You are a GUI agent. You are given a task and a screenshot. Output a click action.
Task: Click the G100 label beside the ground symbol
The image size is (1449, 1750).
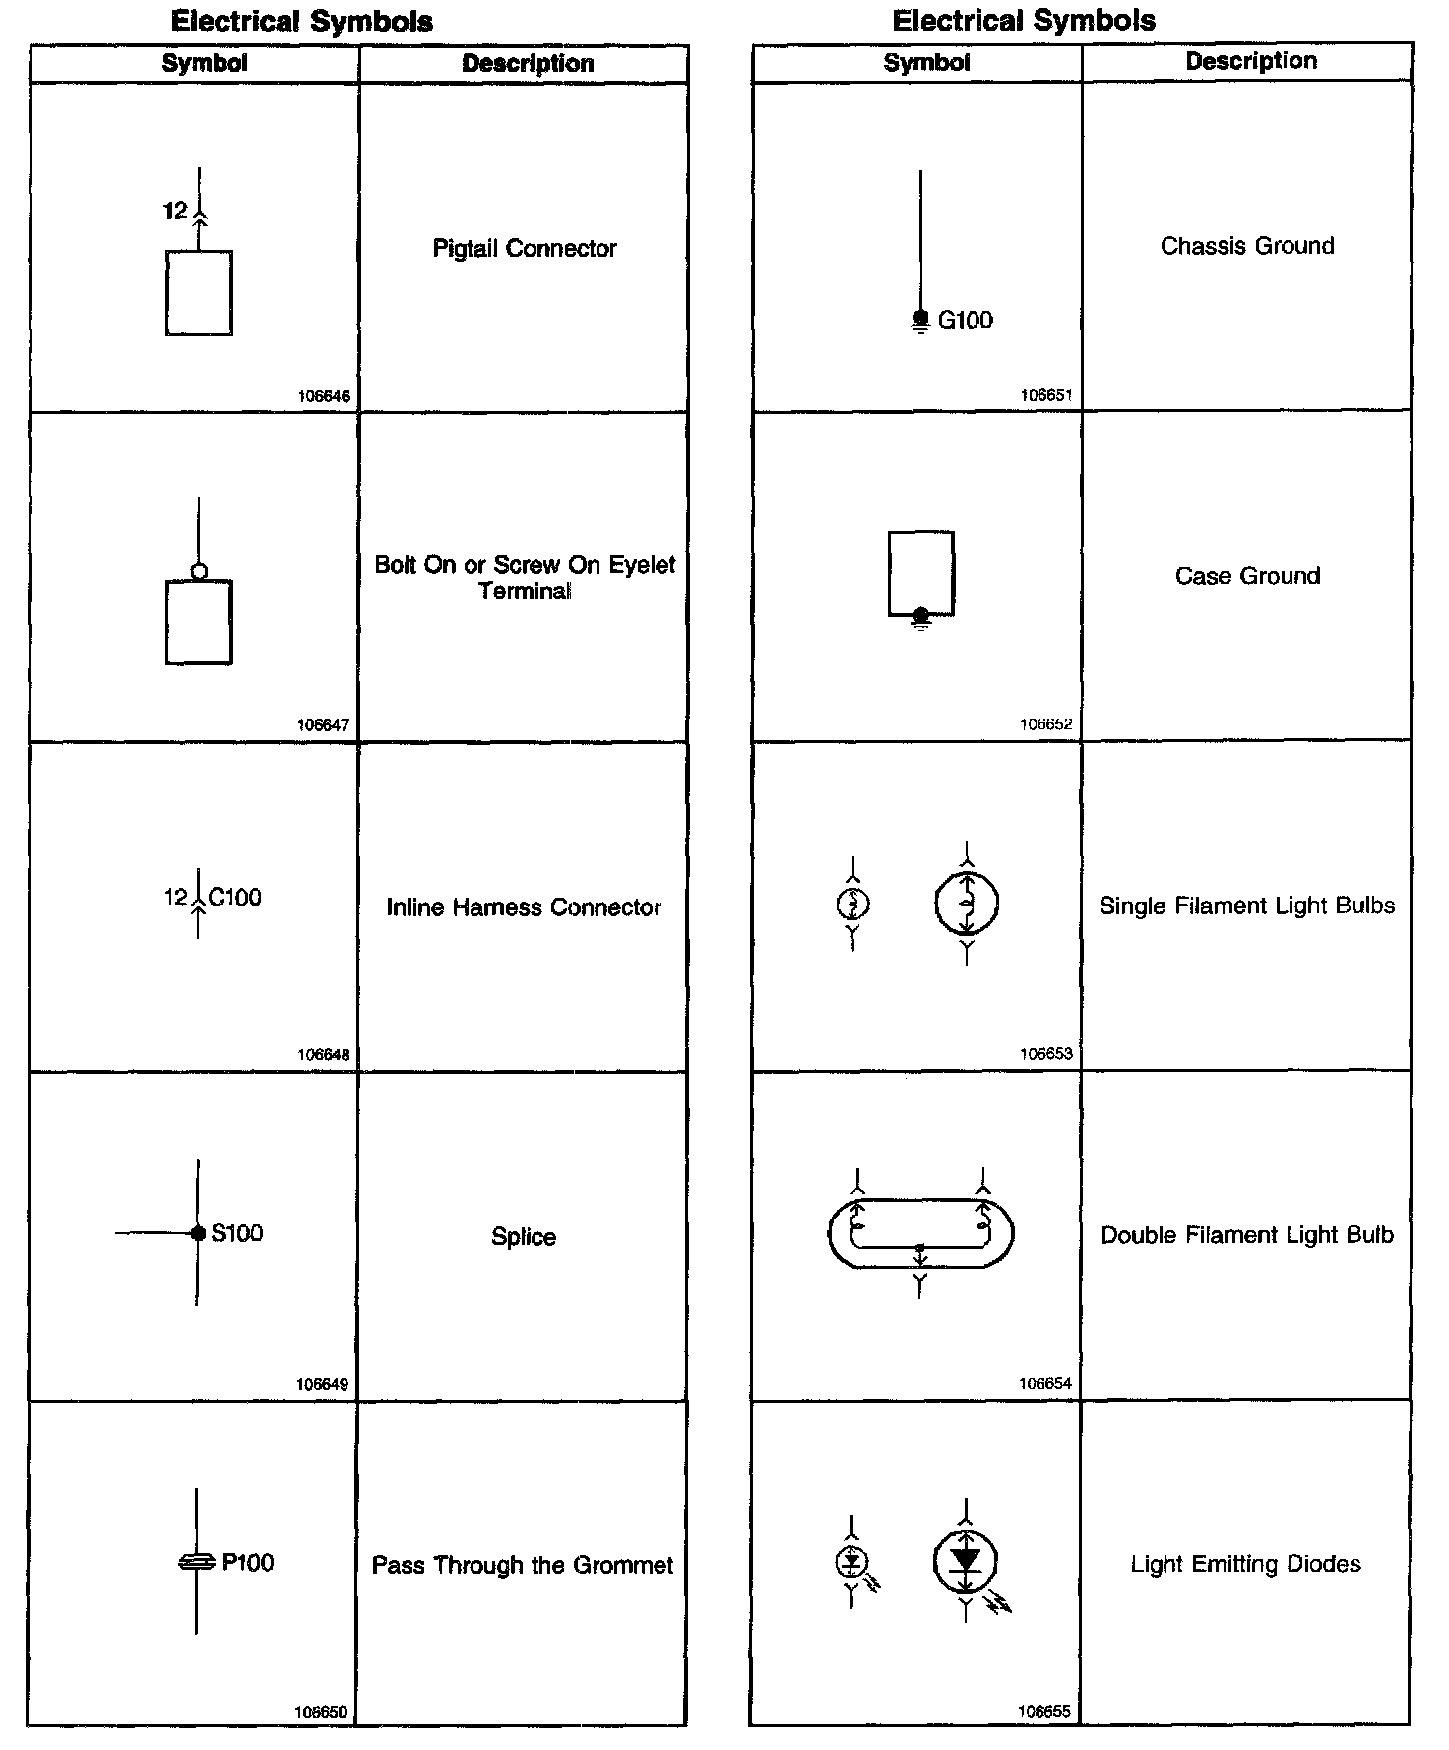point(965,320)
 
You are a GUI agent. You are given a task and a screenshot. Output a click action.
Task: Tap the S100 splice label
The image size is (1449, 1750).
point(237,1233)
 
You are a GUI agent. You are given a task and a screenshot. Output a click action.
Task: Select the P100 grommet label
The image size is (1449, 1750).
point(248,1562)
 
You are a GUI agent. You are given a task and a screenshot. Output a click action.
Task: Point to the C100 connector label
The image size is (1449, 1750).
point(235,897)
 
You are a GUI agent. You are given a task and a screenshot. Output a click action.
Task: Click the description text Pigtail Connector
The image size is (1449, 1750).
point(525,249)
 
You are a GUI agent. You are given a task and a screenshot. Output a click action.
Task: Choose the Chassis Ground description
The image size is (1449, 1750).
point(1247,246)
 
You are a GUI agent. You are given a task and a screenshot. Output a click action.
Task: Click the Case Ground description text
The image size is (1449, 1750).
point(1247,576)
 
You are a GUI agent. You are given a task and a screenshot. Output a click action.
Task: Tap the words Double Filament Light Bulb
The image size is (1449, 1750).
point(1247,1235)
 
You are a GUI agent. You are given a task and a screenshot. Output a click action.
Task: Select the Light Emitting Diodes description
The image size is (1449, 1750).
point(1245,1564)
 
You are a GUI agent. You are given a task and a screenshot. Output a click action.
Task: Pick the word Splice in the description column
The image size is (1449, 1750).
point(524,1237)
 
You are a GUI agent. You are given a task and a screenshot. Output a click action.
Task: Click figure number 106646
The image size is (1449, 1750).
point(324,396)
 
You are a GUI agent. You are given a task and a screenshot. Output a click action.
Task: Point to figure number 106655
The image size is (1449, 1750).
point(1044,1711)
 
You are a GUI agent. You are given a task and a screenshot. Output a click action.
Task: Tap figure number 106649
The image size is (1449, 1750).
point(322,1384)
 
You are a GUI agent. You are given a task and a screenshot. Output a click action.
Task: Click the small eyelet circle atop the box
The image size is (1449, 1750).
point(199,571)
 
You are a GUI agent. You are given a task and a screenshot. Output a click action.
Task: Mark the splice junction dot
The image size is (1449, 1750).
point(198,1233)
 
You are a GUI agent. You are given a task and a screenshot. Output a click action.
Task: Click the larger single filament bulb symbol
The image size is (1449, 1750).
point(967,903)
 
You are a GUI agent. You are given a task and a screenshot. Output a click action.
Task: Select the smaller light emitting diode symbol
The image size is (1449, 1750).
point(852,1561)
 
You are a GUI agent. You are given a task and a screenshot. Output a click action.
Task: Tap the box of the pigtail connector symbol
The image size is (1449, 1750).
point(199,292)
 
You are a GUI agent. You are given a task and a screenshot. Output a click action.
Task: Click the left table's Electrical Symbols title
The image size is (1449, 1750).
point(301,22)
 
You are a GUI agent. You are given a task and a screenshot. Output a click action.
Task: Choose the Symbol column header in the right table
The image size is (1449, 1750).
point(926,63)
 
